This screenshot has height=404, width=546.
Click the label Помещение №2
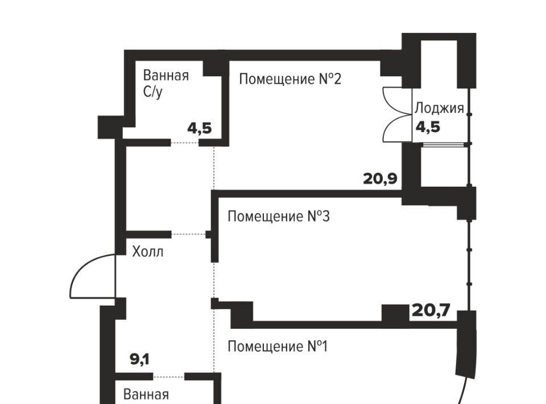pos(290,79)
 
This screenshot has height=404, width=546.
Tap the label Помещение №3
pos(278,216)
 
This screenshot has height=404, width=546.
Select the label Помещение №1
pos(278,347)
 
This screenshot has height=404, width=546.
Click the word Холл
pos(148,252)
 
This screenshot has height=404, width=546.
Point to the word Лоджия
pos(439,108)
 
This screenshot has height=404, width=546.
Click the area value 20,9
pos(380,179)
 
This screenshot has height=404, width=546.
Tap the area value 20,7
pos(431,310)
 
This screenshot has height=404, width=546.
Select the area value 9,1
pos(140,360)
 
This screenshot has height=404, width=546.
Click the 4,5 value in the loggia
pos(428,127)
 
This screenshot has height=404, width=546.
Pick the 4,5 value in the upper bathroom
pos(200,129)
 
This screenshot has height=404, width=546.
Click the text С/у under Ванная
pos(152,92)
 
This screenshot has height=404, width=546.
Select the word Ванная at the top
pos(166,75)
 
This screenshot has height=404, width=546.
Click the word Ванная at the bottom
pos(146,394)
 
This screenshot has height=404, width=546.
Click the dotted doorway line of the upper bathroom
pos(185,142)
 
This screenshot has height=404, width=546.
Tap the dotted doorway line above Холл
pos(188,234)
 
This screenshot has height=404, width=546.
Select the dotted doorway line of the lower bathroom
pos(168,377)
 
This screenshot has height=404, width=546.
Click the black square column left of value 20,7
pos(395,313)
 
